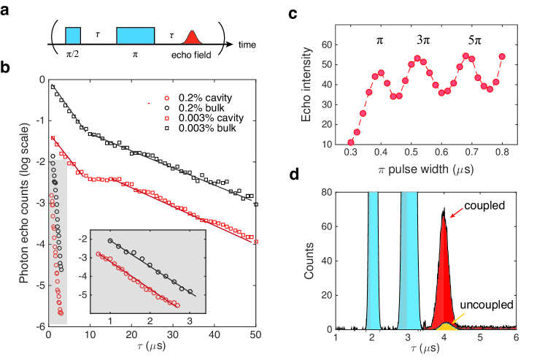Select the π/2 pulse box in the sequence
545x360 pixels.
(x=72, y=36)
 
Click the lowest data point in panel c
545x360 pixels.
(x=352, y=142)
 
